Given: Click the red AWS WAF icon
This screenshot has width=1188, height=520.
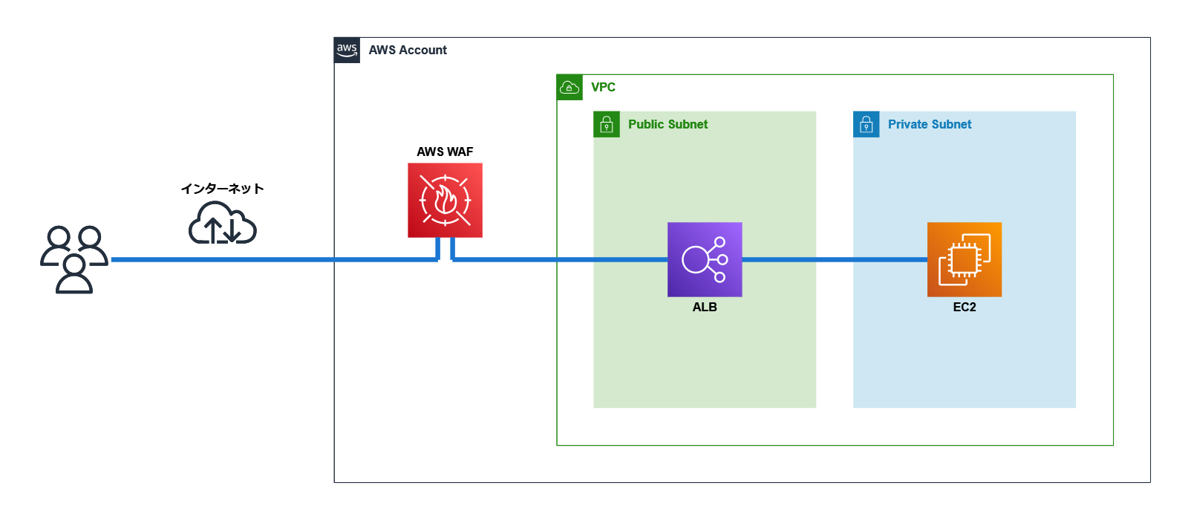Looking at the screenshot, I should pyautogui.click(x=445, y=201).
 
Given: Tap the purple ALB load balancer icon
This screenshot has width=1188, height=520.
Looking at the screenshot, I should pyautogui.click(x=705, y=259).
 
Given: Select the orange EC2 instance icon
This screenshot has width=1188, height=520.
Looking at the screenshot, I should pyautogui.click(x=965, y=259).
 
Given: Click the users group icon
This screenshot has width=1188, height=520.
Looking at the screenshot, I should pyautogui.click(x=74, y=259).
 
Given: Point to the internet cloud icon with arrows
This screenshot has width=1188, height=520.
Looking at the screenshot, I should pyautogui.click(x=222, y=224).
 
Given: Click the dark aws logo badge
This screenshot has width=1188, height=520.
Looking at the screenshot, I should pyautogui.click(x=347, y=50).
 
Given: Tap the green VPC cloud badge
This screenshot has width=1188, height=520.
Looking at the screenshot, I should pyautogui.click(x=569, y=87).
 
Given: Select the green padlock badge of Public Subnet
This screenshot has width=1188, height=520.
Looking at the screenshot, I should pyautogui.click(x=607, y=124).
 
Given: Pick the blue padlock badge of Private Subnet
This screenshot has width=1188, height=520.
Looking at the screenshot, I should pyautogui.click(x=866, y=124).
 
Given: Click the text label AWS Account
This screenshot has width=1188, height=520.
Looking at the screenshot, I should pyautogui.click(x=408, y=50).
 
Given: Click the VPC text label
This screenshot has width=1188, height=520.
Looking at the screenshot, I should pyautogui.click(x=603, y=87).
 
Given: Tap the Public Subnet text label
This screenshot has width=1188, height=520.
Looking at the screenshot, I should pyautogui.click(x=668, y=124).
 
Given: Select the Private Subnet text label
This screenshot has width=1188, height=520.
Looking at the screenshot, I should pyautogui.click(x=930, y=124).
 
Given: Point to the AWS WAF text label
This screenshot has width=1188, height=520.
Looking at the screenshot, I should pyautogui.click(x=445, y=152).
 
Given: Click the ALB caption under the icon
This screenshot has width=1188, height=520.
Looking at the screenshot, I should pyautogui.click(x=705, y=307).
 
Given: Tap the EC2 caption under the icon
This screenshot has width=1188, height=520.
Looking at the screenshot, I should pyautogui.click(x=965, y=307).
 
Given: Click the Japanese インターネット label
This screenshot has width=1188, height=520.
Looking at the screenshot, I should pyautogui.click(x=222, y=189).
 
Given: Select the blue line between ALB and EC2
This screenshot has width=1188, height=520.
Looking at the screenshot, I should pyautogui.click(x=835, y=259).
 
